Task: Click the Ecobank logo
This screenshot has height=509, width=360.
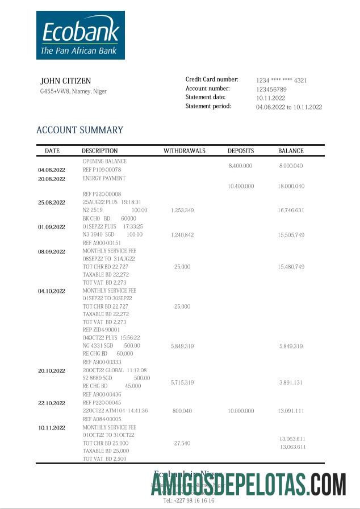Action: coord(80,35)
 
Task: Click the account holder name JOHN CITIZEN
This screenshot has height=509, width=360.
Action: coord(66,81)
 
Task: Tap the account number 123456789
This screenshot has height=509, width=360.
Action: coord(271,89)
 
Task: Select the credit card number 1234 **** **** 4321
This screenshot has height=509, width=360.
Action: coord(282,81)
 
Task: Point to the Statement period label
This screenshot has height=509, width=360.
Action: coord(208,106)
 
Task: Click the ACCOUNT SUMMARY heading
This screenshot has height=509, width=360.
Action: coord(79,130)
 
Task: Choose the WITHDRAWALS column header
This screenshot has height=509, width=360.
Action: coord(185,151)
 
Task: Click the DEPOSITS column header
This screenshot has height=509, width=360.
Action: coord(241,151)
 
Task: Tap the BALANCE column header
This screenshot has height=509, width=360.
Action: coord(291,151)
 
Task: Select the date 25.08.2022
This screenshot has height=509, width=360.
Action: coord(52,202)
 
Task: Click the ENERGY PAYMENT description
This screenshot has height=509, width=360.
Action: coord(104,178)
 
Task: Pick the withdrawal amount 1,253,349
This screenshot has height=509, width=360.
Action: coord(182,211)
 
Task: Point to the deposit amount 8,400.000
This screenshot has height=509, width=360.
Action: coord(240,166)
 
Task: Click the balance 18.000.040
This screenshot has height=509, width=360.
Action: coord(291,186)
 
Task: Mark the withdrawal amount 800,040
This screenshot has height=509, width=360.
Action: coord(182,410)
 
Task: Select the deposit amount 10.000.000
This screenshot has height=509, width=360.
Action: coord(241,410)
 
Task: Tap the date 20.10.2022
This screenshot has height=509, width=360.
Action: coord(52,371)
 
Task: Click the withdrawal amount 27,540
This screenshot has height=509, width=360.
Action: coord(182,443)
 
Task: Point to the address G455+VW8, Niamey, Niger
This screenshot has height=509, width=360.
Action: coord(73,91)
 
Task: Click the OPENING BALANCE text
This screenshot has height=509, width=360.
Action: coord(104,161)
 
